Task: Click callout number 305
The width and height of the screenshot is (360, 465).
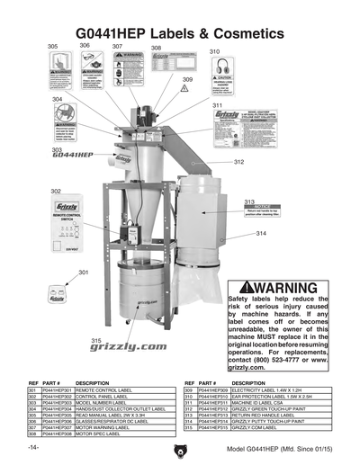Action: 52,46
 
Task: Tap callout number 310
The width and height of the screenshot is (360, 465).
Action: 214,52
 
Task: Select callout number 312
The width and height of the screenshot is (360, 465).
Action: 238,162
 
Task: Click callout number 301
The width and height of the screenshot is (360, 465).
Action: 83,272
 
